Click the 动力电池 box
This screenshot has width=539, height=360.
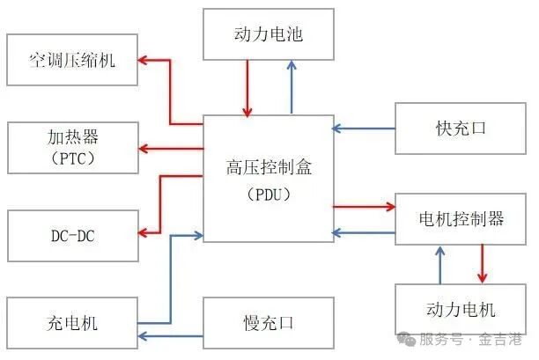tap(269, 35)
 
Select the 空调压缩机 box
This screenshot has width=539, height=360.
tap(71, 61)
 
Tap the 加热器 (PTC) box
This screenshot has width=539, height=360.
tap(71, 147)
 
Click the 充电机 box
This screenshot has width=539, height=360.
tap(71, 322)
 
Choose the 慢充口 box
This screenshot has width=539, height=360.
tap(269, 322)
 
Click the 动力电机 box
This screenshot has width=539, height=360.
tap(461, 309)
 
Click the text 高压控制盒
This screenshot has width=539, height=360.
tap(269, 165)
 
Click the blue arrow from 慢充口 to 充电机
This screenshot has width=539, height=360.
tap(172, 336)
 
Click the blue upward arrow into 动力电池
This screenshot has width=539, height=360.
tap(292, 88)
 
